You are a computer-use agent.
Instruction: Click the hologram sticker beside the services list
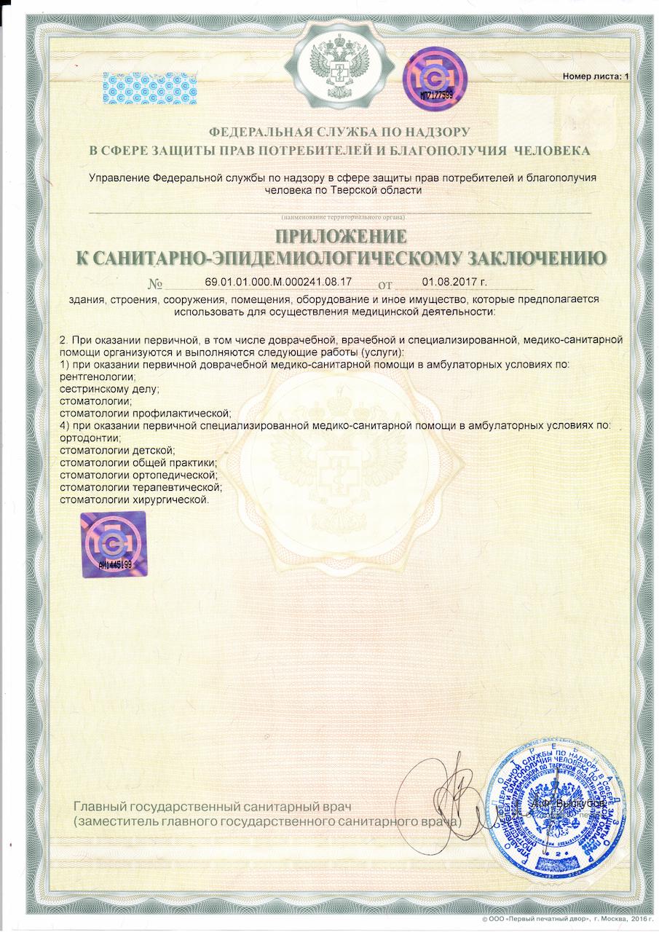113,544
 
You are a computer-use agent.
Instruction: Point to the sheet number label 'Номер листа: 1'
595,76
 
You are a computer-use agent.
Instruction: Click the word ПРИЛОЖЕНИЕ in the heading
340,237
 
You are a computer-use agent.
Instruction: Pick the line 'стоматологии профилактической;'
144,413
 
